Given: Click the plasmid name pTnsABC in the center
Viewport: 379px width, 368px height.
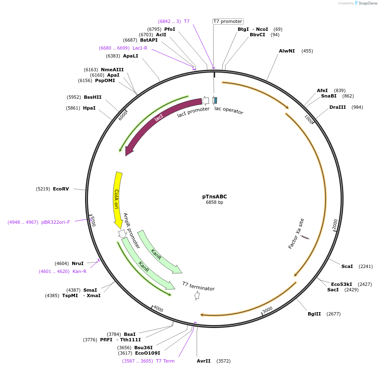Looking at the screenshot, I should (214, 197).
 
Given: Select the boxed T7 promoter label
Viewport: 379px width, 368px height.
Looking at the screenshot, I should (228, 21).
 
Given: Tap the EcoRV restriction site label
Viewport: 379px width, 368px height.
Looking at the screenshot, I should (60, 189).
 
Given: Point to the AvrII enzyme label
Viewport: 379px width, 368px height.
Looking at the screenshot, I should (203, 361).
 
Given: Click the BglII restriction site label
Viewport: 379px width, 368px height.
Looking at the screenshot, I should (314, 314).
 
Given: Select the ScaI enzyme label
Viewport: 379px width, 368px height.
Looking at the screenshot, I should (347, 266).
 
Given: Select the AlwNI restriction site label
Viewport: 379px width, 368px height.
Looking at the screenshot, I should (287, 51).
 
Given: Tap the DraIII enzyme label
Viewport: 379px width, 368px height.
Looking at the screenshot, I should (337, 107).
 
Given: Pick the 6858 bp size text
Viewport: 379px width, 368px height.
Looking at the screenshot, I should (214, 203).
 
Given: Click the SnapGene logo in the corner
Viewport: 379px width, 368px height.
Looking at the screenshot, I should (366, 3).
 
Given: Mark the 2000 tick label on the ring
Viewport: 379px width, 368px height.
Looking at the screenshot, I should (335, 225).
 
